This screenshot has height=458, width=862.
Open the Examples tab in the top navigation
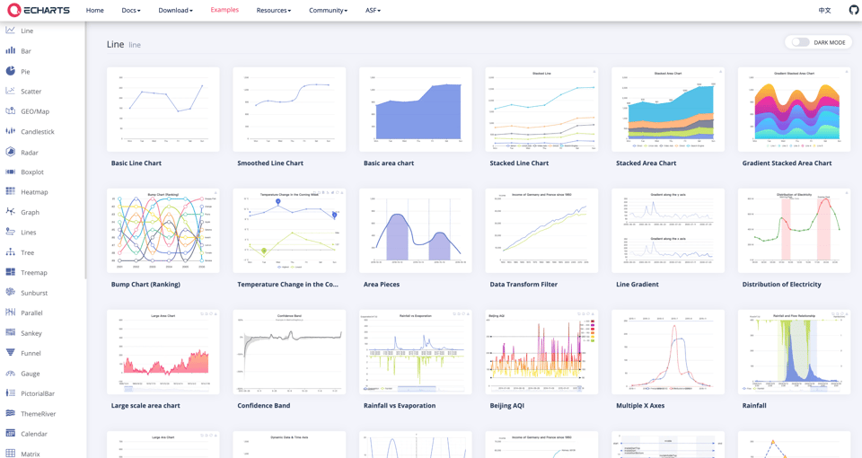224,10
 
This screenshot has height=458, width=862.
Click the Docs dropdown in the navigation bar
131,11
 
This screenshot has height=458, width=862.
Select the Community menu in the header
328,11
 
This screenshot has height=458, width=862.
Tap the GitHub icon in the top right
853,11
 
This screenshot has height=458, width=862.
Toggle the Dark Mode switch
800,42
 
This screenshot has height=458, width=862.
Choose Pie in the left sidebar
25,71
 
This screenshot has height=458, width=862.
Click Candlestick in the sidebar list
37,132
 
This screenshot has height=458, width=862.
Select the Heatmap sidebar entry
34,192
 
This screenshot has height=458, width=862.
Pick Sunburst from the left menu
34,293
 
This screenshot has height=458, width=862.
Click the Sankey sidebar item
31,333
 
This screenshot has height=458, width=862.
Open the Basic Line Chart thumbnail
163,110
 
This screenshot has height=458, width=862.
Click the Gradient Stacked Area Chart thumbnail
794,110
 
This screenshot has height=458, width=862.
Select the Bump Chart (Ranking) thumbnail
163,231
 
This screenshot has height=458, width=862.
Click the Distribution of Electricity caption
781,285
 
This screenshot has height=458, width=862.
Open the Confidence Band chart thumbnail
289,352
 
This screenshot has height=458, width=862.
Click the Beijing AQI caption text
506,406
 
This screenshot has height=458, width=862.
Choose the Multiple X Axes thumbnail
667,352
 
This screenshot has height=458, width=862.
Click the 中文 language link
824,11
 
